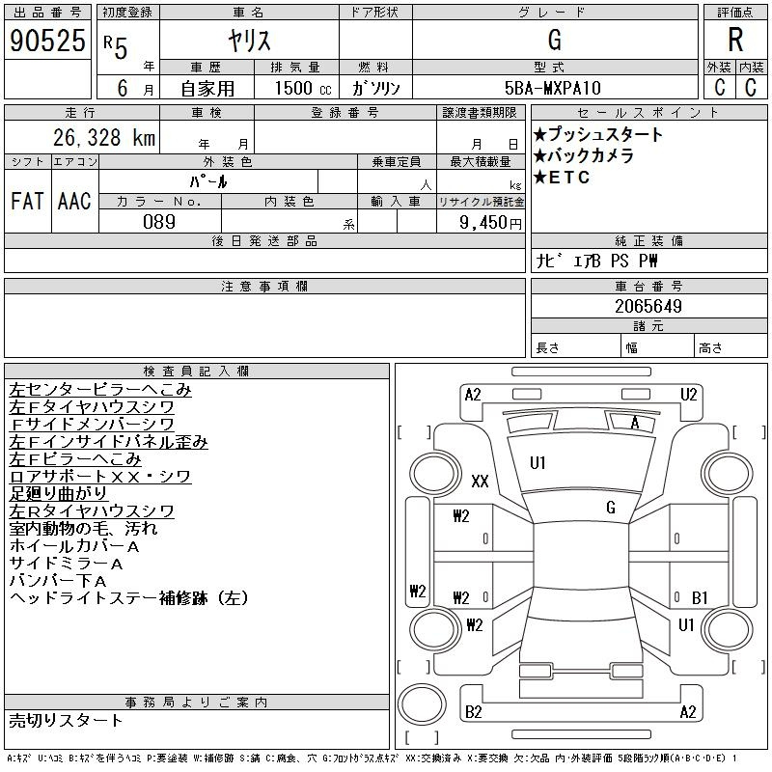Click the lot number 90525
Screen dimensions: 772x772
pyautogui.click(x=47, y=41)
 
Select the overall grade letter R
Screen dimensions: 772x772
pyautogui.click(x=735, y=40)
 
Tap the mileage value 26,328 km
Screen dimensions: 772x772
pyautogui.click(x=104, y=137)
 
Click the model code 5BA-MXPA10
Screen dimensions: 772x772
pyautogui.click(x=552, y=88)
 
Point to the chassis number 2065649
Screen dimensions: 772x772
pyautogui.click(x=648, y=306)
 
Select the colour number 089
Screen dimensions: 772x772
pyautogui.click(x=159, y=222)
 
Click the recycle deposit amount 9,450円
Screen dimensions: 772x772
pyautogui.click(x=490, y=223)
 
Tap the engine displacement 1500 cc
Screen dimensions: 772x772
pyautogui.click(x=303, y=88)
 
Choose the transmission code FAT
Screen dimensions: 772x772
pyautogui.click(x=28, y=201)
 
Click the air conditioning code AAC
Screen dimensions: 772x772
pyautogui.click(x=74, y=201)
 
